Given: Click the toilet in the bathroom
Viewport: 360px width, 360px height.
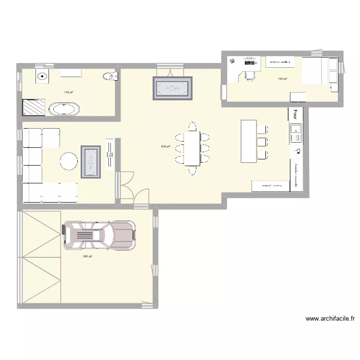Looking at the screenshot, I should [110, 76].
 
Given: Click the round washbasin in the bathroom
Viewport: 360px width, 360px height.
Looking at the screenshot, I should [42, 75].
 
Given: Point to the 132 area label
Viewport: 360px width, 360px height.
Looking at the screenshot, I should [69, 92].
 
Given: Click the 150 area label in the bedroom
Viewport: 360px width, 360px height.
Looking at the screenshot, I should [282, 79].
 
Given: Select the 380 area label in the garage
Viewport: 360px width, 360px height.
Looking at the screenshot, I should [87, 256].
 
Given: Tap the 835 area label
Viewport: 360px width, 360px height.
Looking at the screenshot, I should [166, 147].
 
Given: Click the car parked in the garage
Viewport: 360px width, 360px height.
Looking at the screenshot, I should [99, 235].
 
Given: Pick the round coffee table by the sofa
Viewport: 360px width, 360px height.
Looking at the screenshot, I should [69, 161].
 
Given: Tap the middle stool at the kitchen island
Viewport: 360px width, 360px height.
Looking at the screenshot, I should [262, 142].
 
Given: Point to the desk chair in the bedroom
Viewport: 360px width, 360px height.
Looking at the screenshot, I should [249, 74].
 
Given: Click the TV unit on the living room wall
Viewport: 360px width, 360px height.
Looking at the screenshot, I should [109, 155].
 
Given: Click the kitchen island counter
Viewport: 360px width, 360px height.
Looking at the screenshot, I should [249, 141].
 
